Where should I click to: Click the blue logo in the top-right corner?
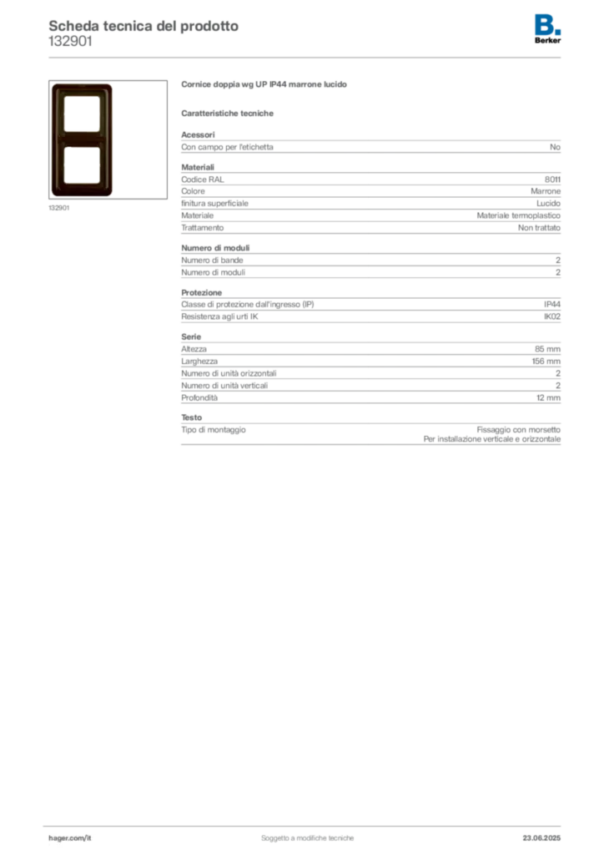(548, 24)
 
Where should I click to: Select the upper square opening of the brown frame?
(81, 114)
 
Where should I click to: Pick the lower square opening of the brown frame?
(81, 164)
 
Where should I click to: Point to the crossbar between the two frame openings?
(81, 139)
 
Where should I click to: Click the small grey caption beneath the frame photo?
(59, 209)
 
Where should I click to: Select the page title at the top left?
(142, 26)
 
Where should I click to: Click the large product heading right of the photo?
(266, 86)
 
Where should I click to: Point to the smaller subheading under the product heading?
(229, 112)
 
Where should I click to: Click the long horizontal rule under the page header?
(307, 57)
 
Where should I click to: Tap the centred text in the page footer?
(309, 834)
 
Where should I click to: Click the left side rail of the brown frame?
(57, 139)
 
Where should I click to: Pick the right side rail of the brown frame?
(107, 139)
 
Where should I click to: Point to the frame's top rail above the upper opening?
(81, 89)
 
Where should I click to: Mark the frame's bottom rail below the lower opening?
(81, 190)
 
